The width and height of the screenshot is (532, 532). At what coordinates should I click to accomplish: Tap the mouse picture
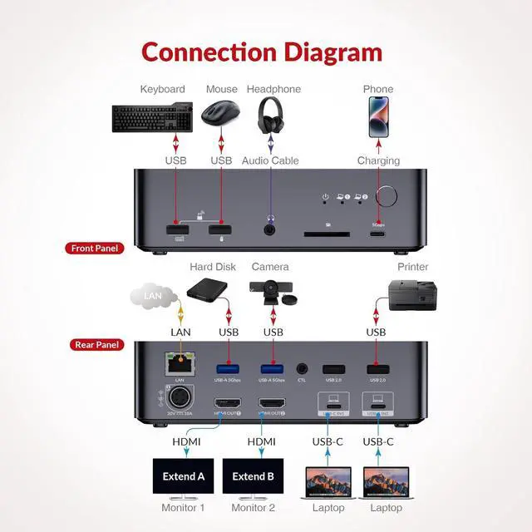(x=221, y=112)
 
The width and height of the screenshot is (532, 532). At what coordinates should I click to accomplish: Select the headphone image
(x=271, y=114)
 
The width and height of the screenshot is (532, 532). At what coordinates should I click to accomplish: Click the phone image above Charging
(x=378, y=116)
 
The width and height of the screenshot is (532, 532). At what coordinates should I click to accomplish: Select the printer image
(x=412, y=294)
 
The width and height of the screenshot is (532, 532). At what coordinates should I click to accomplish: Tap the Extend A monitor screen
(x=184, y=476)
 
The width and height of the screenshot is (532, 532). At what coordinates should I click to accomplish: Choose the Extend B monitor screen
(x=254, y=476)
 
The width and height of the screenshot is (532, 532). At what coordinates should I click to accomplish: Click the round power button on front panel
(x=387, y=196)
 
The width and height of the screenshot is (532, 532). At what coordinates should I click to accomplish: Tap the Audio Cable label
(x=270, y=160)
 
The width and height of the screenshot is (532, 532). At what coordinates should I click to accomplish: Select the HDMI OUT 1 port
(x=228, y=403)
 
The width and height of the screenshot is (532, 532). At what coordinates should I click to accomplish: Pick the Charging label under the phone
(x=378, y=160)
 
